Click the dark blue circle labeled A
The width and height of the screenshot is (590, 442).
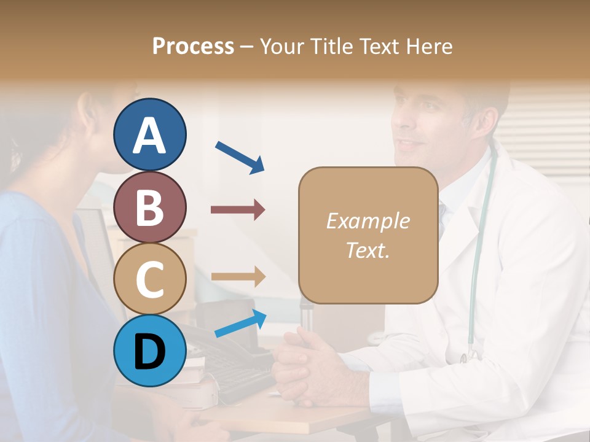pos(150,134)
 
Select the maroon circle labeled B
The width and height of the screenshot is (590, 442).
pos(150,207)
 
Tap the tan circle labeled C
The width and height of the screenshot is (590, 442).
pos(150,279)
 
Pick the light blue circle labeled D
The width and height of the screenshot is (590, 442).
pos(150,351)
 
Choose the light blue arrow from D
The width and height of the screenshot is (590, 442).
pos(240,324)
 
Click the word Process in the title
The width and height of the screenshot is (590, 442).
pos(193,46)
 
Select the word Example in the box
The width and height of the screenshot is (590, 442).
pos(368,221)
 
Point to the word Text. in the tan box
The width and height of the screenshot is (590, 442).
pos(368,250)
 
